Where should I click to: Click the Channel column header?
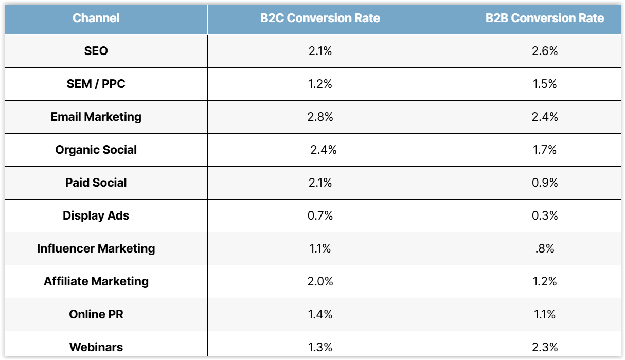(x=96, y=18)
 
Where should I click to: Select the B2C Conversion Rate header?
(x=320, y=18)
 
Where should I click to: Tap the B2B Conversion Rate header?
(x=545, y=18)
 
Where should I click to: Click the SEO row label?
(x=96, y=51)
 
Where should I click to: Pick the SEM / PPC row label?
(x=96, y=84)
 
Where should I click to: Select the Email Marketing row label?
(x=96, y=117)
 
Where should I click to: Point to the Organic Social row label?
(x=96, y=150)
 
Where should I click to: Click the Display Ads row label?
(x=96, y=215)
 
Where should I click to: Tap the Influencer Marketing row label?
(x=96, y=248)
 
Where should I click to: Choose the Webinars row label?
(x=96, y=347)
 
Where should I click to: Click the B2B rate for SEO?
(x=545, y=51)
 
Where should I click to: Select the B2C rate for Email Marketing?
(x=320, y=117)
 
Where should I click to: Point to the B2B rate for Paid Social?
(x=545, y=183)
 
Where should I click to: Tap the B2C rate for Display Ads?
(x=320, y=215)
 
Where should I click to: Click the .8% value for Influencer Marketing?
(x=545, y=248)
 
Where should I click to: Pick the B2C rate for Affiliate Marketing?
(x=320, y=281)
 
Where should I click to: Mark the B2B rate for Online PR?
(x=545, y=314)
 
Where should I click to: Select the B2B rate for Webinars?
(x=545, y=347)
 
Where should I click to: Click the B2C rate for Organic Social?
(x=324, y=150)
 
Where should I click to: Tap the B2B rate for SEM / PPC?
(x=545, y=84)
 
